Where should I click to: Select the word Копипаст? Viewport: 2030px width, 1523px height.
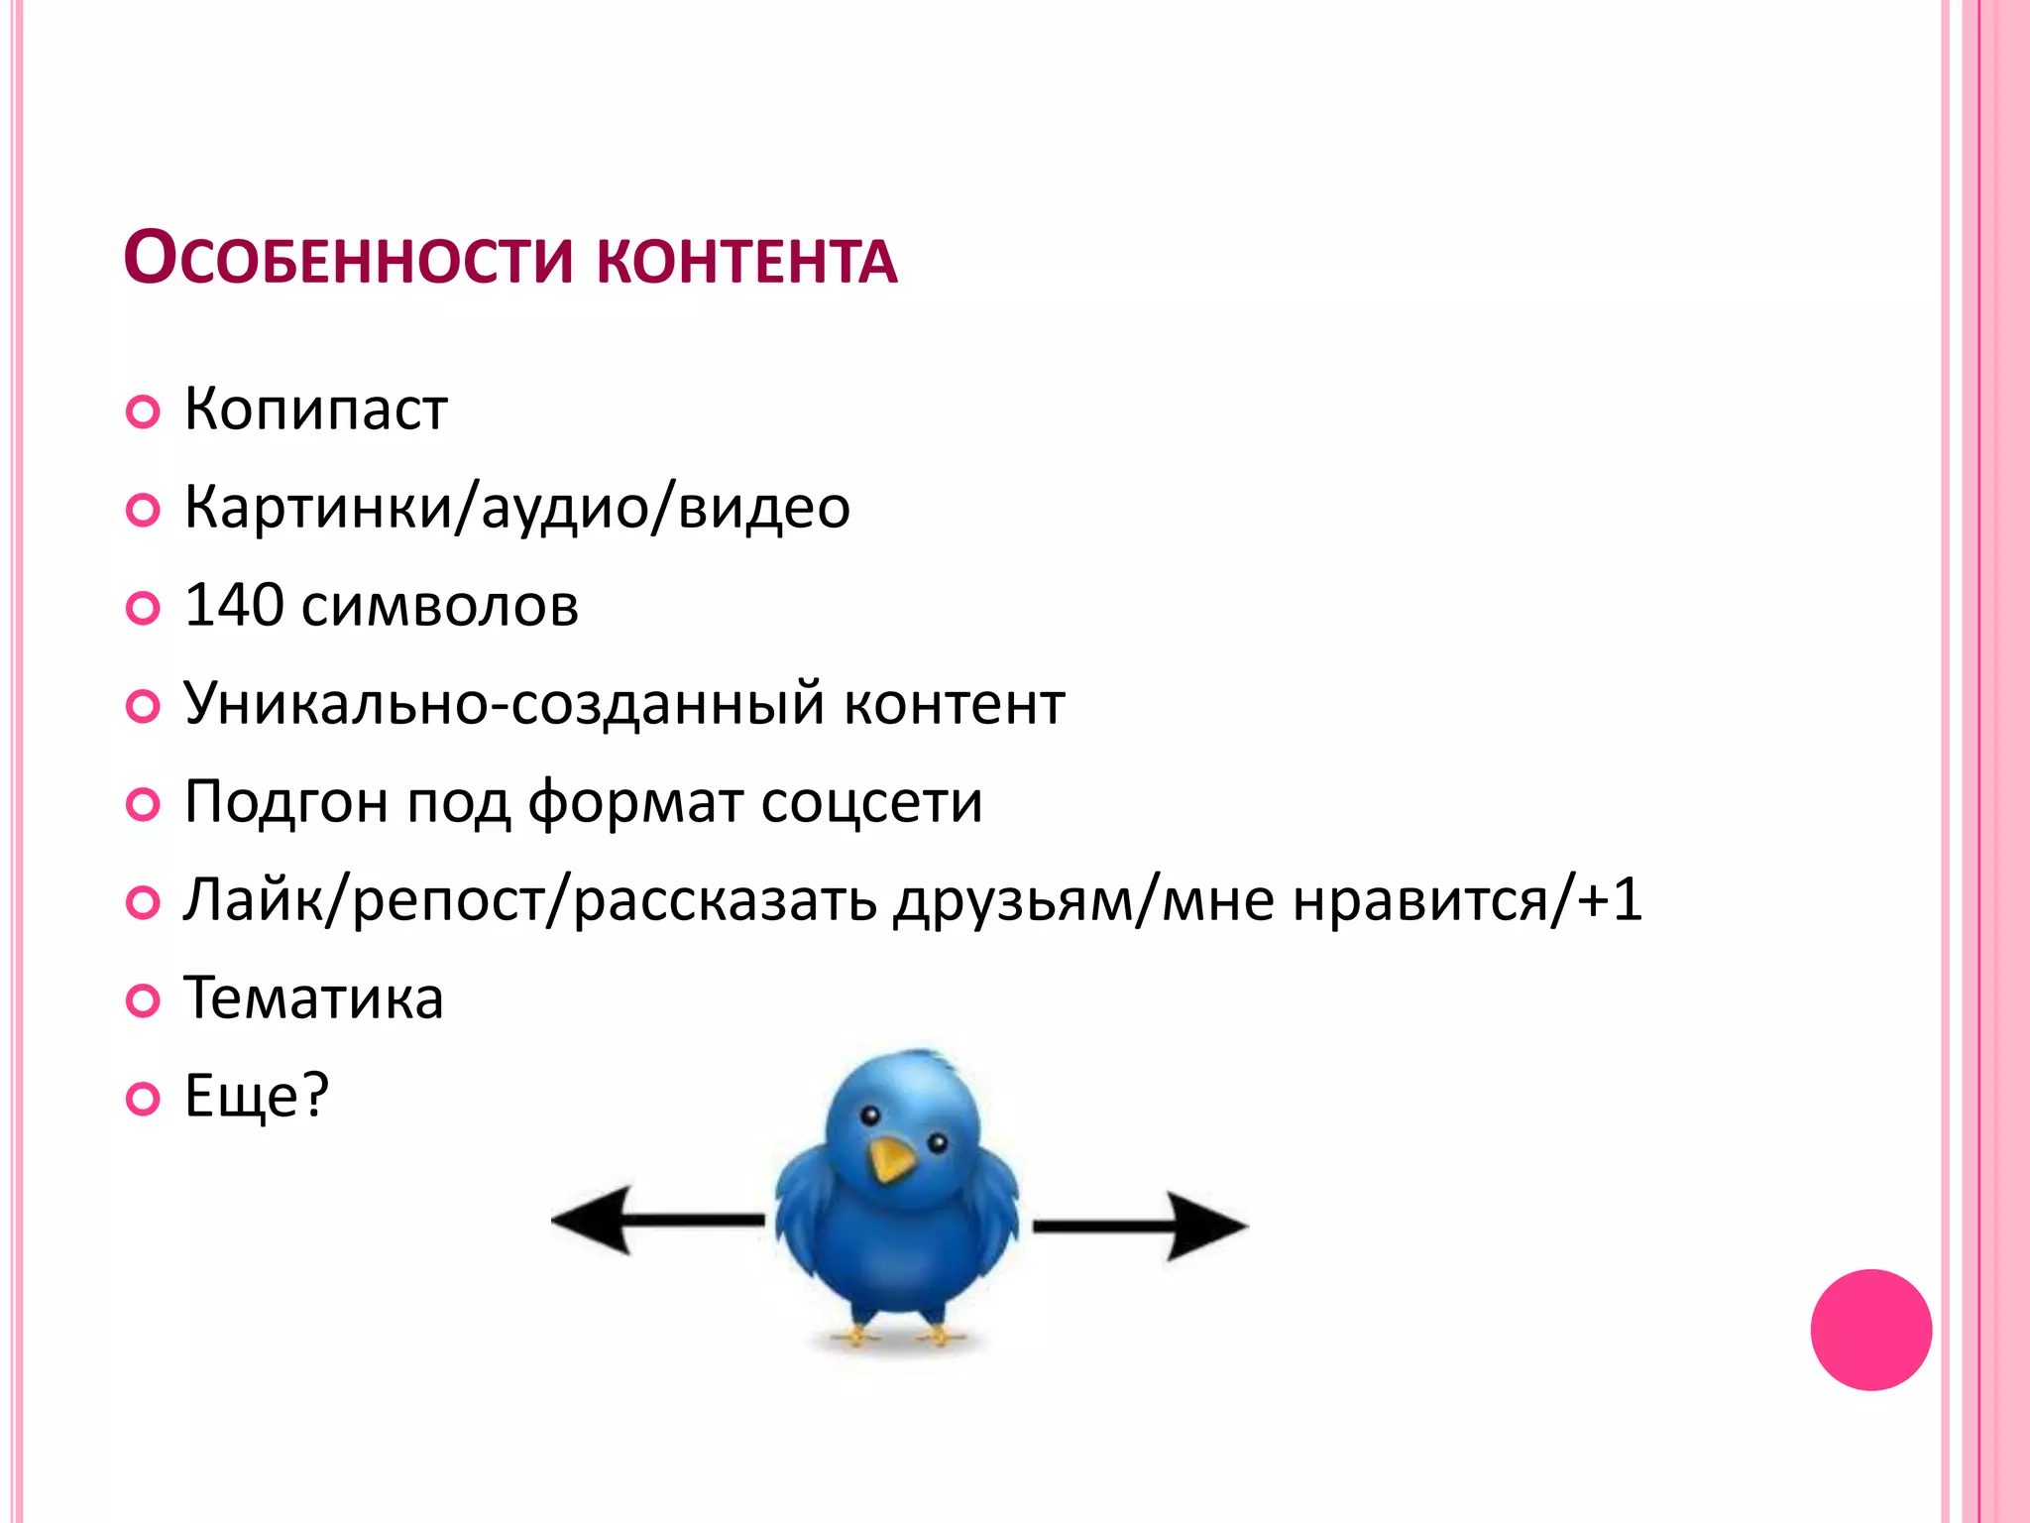[x=316, y=410]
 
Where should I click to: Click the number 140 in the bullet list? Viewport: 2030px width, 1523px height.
[x=234, y=605]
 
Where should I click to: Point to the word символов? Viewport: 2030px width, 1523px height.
[x=440, y=607]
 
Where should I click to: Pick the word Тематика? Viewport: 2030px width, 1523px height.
[x=313, y=997]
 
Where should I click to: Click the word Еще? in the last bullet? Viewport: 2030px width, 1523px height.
[x=257, y=1097]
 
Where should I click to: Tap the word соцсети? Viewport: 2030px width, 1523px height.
[x=871, y=801]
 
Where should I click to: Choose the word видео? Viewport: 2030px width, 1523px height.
[x=764, y=508]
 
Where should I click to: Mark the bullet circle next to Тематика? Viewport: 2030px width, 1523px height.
[x=144, y=1000]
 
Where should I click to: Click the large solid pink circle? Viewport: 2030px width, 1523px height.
[x=1870, y=1330]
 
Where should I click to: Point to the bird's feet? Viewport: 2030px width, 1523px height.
[x=897, y=1334]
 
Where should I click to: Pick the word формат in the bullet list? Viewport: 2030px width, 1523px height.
[x=635, y=802]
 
